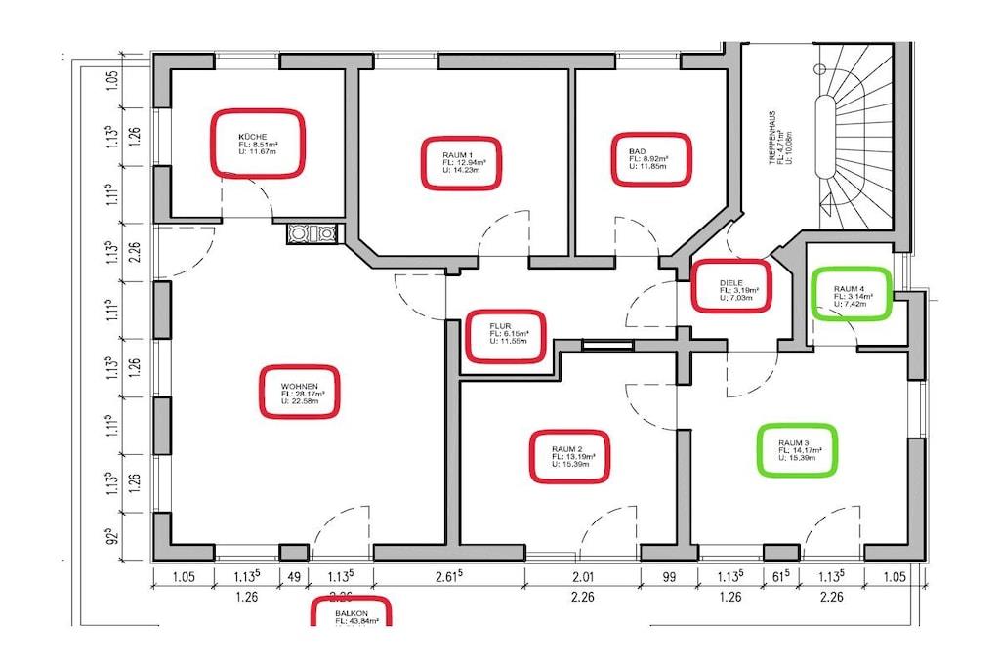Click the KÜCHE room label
coord(259,143)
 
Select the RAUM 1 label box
coord(462,162)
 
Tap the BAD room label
coord(651,159)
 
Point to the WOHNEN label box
coord(300,393)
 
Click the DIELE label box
coord(730,285)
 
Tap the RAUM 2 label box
coord(568,456)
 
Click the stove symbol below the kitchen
coord(312,233)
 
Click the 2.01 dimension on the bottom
coord(582,576)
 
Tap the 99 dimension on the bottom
coord(669,576)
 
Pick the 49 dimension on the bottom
coord(293,576)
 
